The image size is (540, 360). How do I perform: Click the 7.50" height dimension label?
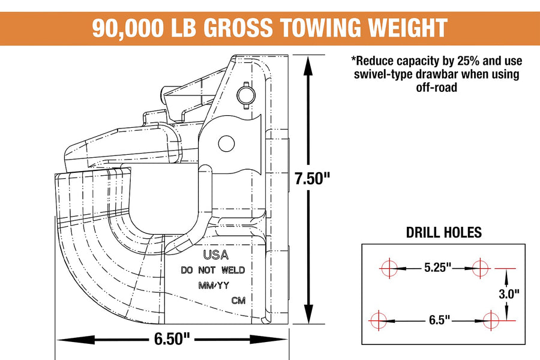pyautogui.click(x=313, y=178)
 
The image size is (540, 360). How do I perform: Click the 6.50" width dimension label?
pyautogui.click(x=172, y=339)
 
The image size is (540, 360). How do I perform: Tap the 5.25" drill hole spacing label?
pyautogui.click(x=437, y=268)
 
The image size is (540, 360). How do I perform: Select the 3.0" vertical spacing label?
pyautogui.click(x=509, y=294)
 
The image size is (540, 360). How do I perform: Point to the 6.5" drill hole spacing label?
pyautogui.click(x=439, y=320)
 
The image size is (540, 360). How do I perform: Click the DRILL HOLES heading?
pyautogui.click(x=443, y=233)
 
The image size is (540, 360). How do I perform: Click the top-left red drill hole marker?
pyautogui.click(x=389, y=268)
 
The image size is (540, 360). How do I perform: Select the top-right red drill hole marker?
pyautogui.click(x=480, y=268)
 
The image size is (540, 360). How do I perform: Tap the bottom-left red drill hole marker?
pyautogui.click(x=378, y=320)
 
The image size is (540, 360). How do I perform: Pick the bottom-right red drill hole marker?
pyautogui.click(x=491, y=320)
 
